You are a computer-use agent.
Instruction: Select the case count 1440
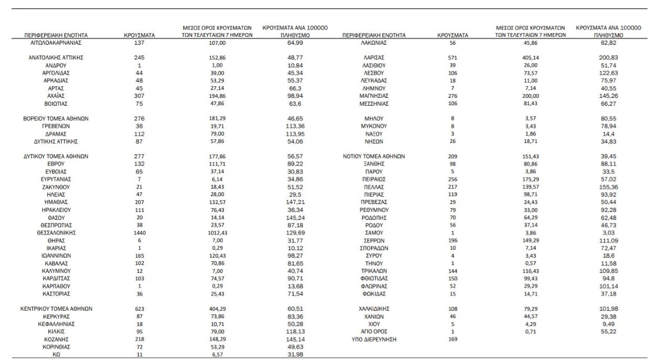click(139, 232)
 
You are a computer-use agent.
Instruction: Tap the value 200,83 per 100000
click(608, 57)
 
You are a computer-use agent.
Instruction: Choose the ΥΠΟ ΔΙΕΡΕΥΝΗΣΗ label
click(374, 340)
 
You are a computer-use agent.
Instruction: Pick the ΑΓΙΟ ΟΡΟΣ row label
click(374, 332)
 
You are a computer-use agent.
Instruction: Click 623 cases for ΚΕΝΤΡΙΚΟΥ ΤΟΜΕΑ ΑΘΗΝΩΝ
click(139, 309)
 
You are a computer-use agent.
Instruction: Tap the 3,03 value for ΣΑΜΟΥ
click(608, 232)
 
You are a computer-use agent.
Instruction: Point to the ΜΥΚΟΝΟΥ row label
click(374, 126)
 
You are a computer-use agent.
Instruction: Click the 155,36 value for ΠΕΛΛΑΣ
click(608, 187)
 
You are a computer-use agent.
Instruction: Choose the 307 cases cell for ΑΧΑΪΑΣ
click(139, 96)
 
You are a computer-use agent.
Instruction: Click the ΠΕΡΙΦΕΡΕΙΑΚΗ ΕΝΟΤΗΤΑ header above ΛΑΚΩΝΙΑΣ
click(374, 35)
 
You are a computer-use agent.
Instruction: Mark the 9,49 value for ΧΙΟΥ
click(608, 324)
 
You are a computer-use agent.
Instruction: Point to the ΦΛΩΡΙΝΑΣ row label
click(374, 286)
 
